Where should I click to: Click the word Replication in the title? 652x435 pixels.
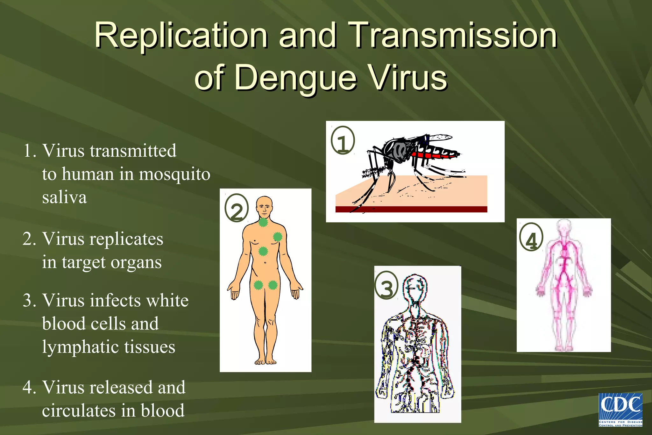(x=181, y=36)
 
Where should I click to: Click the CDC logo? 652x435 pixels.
(x=620, y=410)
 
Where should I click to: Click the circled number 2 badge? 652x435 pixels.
(x=236, y=208)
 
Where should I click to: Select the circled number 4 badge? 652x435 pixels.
(x=531, y=237)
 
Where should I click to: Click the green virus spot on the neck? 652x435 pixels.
(x=263, y=222)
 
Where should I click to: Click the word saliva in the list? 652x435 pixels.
(x=64, y=197)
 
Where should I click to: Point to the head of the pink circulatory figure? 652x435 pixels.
(x=564, y=227)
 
